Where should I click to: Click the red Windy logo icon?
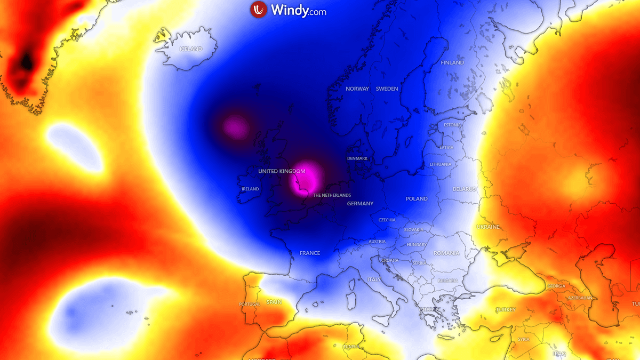pos(259,10)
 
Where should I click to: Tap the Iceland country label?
pos(191,49)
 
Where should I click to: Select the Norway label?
pos(357,89)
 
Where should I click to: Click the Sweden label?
pos(387,89)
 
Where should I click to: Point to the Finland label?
pos(452,62)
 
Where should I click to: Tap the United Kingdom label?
pos(282,171)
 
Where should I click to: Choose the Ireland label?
pos(250,189)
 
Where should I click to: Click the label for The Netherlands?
pos(332,195)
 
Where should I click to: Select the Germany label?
pos(360,203)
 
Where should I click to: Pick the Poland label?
pos(417,198)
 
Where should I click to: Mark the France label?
pos(310,253)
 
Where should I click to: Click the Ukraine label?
pos(488,227)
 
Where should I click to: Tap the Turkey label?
pos(506,309)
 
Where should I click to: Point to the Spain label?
pos(274,302)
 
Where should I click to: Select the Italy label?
pos(374,279)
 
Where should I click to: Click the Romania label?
pos(446,253)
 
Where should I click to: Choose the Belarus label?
pos(464,189)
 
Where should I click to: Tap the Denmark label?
pos(357,158)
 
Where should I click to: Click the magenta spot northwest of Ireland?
pos(236,127)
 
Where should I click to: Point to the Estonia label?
pos(452,125)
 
